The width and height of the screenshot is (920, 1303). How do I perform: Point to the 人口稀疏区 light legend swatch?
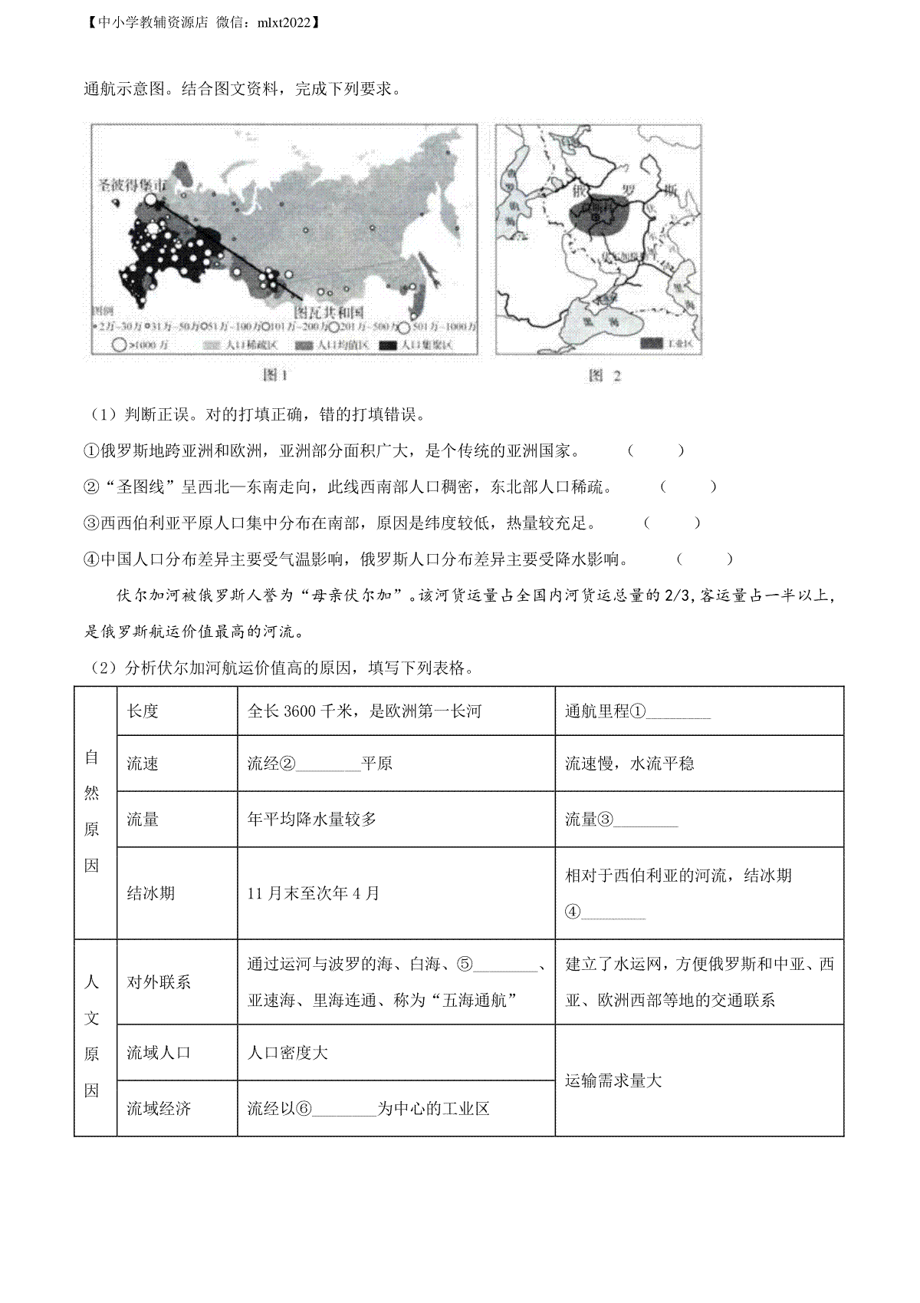(x=214, y=345)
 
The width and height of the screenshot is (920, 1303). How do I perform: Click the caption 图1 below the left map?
(x=274, y=375)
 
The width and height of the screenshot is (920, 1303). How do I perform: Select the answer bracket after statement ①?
(x=655, y=451)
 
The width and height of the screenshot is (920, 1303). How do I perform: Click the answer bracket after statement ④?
(x=705, y=559)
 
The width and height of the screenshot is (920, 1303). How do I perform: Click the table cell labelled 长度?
(x=143, y=711)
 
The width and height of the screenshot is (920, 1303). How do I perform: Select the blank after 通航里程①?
(x=678, y=713)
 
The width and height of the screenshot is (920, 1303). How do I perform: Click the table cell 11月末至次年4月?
(x=314, y=893)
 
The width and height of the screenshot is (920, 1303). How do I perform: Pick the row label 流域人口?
(x=159, y=1053)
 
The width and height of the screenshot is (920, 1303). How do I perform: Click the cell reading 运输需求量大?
(x=613, y=1081)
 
